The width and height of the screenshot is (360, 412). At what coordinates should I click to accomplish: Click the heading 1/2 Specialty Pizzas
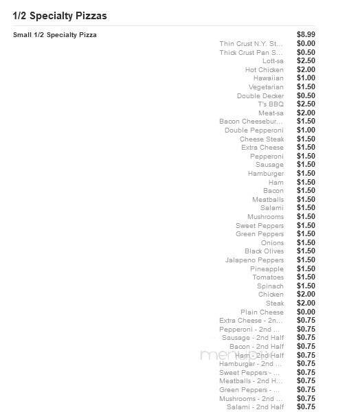[60, 15]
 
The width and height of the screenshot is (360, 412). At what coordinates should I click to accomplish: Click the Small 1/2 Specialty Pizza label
[55, 34]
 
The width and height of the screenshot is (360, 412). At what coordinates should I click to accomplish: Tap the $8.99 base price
[306, 34]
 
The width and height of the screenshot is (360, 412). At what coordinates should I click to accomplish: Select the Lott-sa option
[273, 61]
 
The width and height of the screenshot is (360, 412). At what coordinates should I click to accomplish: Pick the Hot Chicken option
[265, 69]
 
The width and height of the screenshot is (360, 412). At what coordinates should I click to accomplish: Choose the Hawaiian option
[269, 78]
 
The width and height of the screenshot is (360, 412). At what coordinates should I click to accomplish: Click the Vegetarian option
[267, 87]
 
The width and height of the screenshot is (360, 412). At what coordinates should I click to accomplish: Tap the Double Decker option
[260, 95]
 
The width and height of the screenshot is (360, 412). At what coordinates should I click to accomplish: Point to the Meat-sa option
[271, 113]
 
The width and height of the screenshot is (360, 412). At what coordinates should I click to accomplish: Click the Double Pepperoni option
[254, 130]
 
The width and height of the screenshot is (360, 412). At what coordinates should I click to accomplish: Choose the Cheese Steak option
[262, 139]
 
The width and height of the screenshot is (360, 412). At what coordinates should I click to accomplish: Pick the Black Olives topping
[264, 251]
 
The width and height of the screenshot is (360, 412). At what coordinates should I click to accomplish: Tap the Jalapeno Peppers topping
[254, 260]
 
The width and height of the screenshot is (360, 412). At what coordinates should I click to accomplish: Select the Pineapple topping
[267, 268]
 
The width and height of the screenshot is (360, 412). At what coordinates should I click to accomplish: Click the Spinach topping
[270, 286]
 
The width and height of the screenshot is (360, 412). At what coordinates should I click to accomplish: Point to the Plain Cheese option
[262, 312]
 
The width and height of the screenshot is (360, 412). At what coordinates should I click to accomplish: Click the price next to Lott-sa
[306, 61]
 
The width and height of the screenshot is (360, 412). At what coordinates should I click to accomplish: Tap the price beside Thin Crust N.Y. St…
[306, 43]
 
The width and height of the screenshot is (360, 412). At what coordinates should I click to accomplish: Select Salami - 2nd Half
[255, 407]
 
